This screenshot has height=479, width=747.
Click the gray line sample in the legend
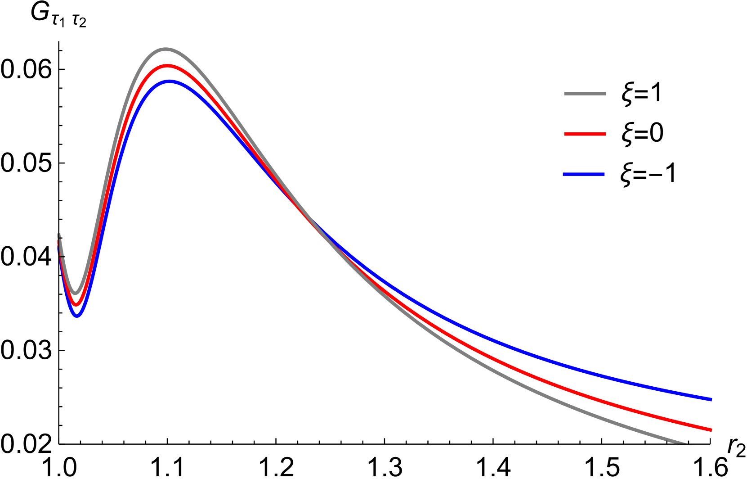pyautogui.click(x=585, y=94)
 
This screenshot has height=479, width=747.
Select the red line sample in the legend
pyautogui.click(x=585, y=134)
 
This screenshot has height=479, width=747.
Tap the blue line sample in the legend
pyautogui.click(x=584, y=174)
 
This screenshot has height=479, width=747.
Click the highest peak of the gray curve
pyautogui.click(x=166, y=49)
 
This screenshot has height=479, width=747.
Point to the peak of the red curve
pyautogui.click(x=167, y=66)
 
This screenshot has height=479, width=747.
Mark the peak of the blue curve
pyautogui.click(x=170, y=82)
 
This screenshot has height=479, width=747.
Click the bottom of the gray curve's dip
pyautogui.click(x=76, y=293)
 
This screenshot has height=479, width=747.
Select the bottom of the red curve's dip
pyautogui.click(x=76, y=304)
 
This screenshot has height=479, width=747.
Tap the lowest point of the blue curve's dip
pyautogui.click(x=77, y=315)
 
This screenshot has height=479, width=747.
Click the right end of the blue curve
pyautogui.click(x=711, y=399)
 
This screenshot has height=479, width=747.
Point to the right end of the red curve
pyautogui.click(x=711, y=430)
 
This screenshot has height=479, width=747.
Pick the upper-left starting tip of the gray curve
pyautogui.click(x=59, y=234)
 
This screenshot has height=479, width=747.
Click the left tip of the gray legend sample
pyautogui.click(x=565, y=94)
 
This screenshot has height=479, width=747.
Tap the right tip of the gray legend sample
pyautogui.click(x=605, y=94)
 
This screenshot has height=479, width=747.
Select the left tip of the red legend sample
pyautogui.click(x=565, y=134)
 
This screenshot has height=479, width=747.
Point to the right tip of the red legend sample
pyautogui.click(x=605, y=134)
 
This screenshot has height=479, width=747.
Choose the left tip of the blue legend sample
pyautogui.click(x=564, y=174)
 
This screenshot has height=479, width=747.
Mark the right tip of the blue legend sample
pyautogui.click(x=604, y=174)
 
